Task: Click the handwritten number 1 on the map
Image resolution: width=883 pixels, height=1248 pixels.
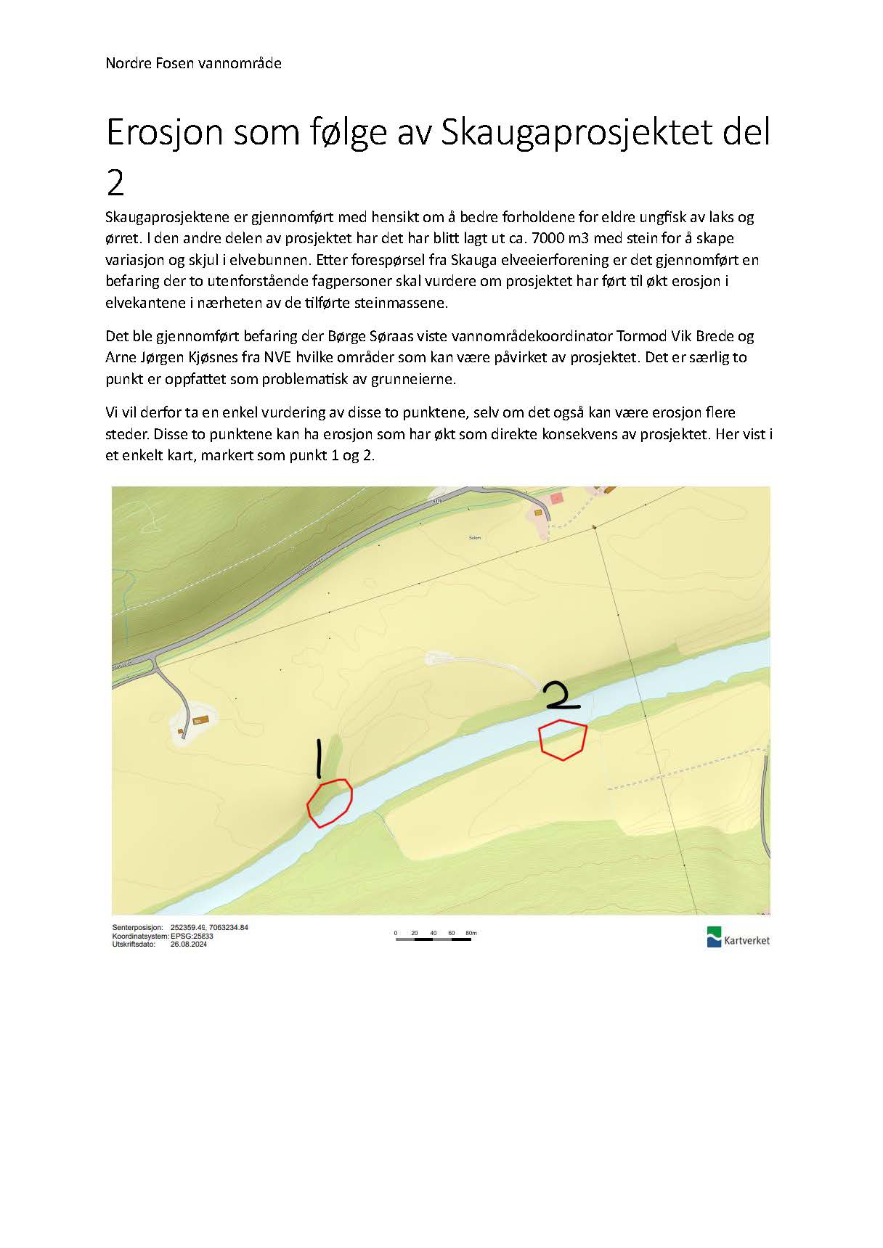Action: [x=317, y=759]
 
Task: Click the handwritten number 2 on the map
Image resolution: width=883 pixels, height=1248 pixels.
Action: [x=561, y=696]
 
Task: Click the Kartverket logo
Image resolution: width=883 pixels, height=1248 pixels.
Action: [x=738, y=937]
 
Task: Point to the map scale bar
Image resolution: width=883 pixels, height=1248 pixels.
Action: [x=434, y=939]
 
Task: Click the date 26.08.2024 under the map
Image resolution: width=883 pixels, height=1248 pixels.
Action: [x=189, y=944]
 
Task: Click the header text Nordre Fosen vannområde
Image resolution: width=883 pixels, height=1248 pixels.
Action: [x=193, y=63]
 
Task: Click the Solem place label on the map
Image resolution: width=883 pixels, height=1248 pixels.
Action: [x=475, y=538]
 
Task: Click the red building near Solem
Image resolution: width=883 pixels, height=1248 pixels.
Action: [x=557, y=498]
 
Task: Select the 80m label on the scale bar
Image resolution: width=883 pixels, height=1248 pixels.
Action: [x=471, y=933]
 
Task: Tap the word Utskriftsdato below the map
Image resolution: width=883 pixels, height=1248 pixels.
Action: [x=134, y=944]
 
